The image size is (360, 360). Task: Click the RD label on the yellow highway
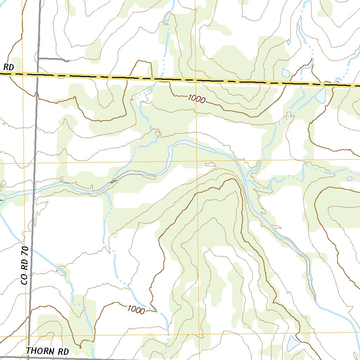(8, 67)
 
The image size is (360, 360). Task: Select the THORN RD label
(47, 351)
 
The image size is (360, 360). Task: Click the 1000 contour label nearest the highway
(197, 99)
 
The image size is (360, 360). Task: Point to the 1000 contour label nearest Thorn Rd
(136, 310)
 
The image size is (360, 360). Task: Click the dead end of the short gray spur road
(67, 60)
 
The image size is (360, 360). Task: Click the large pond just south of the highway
(321, 95)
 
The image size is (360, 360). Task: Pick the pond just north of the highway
(286, 73)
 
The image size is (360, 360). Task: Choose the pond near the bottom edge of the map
(292, 343)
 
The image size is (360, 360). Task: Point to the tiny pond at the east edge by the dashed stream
(349, 179)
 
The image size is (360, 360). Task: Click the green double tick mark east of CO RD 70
(113, 181)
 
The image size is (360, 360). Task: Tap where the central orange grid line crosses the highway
(196, 80)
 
